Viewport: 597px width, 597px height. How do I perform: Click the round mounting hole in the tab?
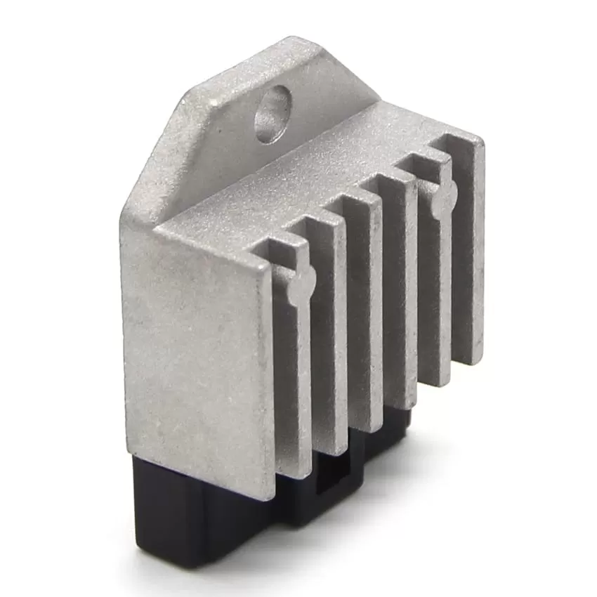(272, 113)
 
